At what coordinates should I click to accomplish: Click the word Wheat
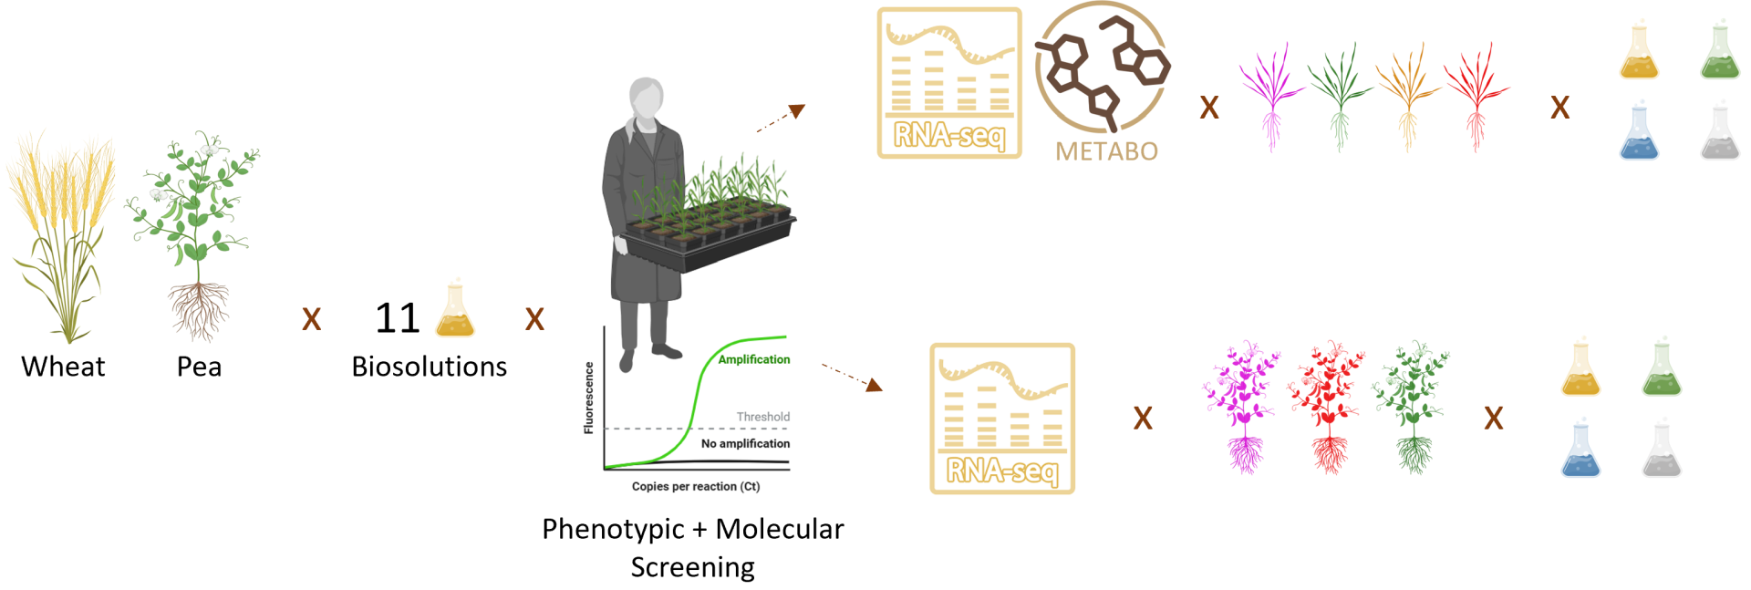click(x=63, y=367)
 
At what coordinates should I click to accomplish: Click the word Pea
click(x=199, y=367)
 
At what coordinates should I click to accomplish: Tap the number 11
click(x=398, y=318)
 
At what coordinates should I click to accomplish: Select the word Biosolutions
click(x=429, y=367)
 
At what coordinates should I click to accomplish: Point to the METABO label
click(x=1106, y=151)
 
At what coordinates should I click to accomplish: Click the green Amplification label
click(x=753, y=359)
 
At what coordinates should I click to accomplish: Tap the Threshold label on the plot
click(x=762, y=417)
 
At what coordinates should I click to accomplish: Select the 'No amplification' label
click(x=745, y=444)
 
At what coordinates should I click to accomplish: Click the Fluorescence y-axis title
click(x=589, y=398)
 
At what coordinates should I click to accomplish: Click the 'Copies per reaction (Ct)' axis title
click(x=695, y=487)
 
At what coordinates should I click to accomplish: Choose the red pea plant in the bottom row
click(x=1327, y=406)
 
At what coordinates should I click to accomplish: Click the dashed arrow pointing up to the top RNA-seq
click(x=781, y=119)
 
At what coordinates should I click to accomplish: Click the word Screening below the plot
click(x=692, y=567)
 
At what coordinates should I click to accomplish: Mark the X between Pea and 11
click(x=312, y=319)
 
